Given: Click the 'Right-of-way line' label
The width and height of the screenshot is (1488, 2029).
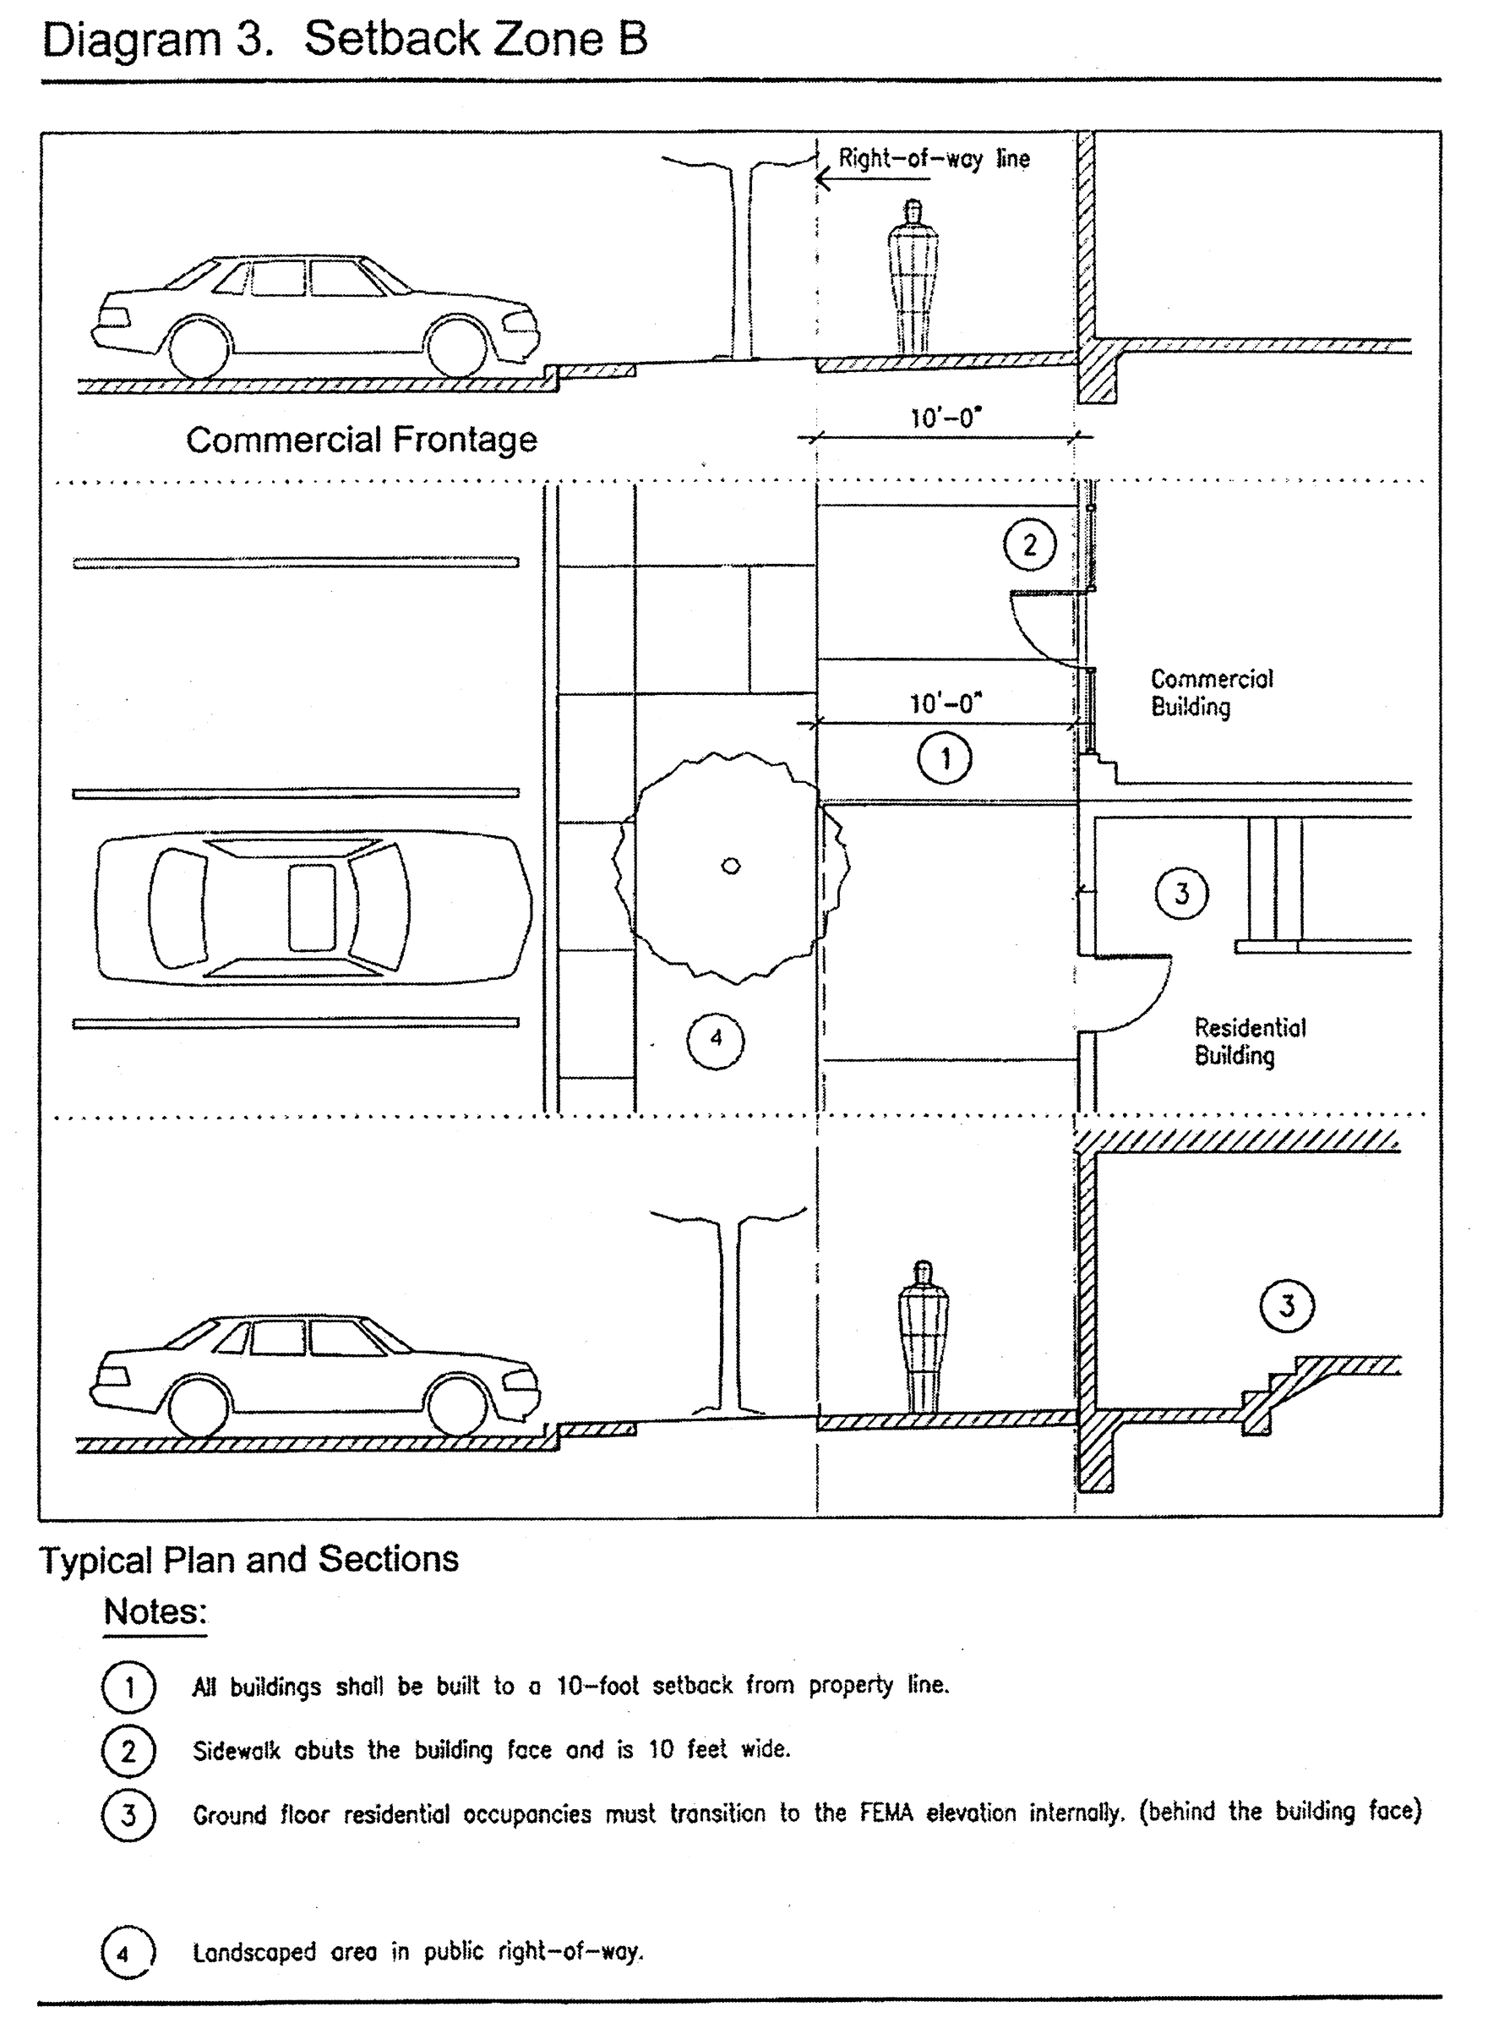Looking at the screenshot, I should click(933, 159).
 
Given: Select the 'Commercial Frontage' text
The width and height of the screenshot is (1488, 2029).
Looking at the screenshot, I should click(361, 440).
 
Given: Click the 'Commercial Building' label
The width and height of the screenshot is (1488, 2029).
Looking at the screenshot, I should click(1212, 692).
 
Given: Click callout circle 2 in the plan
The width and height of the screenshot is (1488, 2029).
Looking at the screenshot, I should click(1029, 544).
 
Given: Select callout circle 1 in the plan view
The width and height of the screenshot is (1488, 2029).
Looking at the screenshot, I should click(945, 758).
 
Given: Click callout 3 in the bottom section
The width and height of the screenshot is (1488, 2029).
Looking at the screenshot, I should click(1286, 1305).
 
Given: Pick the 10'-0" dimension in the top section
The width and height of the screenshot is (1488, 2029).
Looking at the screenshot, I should click(945, 418).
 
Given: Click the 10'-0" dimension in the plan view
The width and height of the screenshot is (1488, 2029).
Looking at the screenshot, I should click(945, 703).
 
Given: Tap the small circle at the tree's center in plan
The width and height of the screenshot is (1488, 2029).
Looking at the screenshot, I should click(732, 866).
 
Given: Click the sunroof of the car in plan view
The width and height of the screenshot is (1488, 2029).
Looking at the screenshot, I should click(312, 907).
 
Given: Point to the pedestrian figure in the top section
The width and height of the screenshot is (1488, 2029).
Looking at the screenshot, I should click(913, 276).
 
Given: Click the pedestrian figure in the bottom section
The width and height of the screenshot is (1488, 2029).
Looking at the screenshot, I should click(923, 1337).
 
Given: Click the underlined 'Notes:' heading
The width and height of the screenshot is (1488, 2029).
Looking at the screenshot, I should click(155, 1611).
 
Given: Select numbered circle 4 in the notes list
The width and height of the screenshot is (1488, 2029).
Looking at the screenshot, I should click(128, 1952).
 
